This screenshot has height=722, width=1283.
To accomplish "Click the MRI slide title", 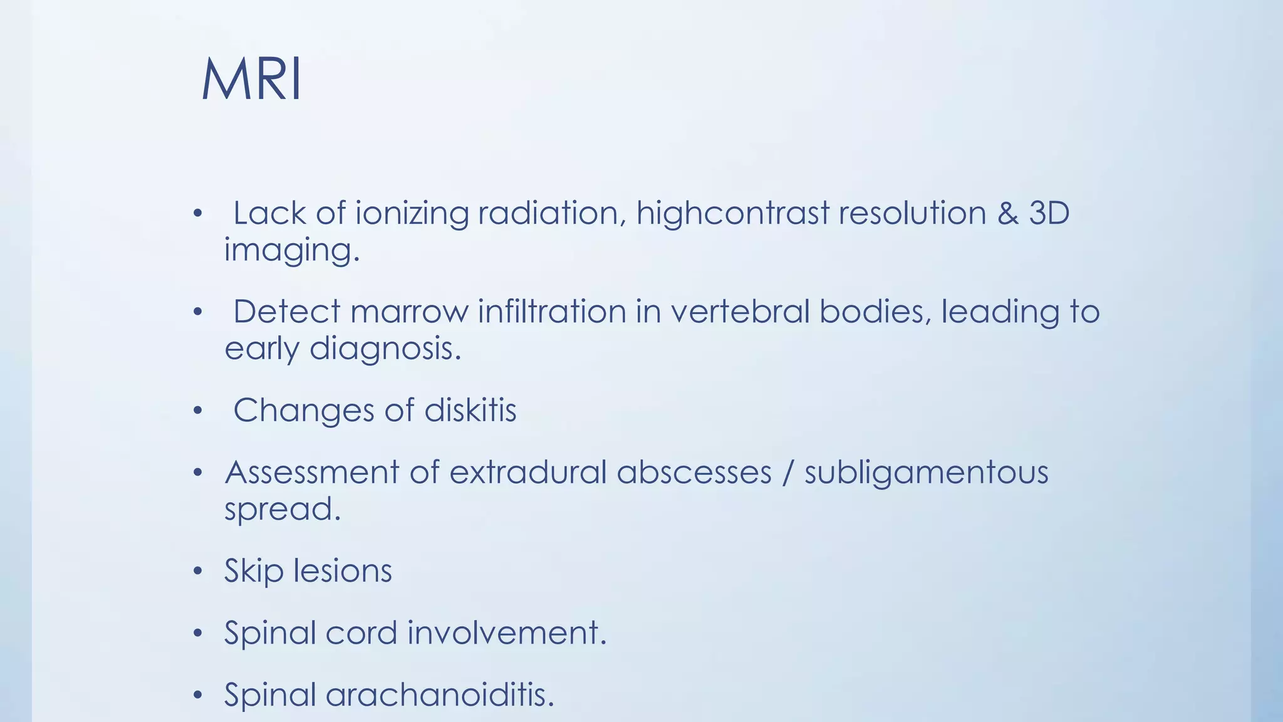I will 251,80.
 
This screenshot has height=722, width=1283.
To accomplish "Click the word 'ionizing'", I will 412,214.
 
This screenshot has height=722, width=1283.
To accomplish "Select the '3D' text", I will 1049,213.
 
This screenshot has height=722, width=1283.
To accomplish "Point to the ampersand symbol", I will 1007,213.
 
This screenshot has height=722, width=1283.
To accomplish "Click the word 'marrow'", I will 409,312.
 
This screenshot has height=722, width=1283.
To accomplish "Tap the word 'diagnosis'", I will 385,349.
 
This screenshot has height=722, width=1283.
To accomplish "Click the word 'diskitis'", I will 470,411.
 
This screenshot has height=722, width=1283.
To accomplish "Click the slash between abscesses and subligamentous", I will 787,473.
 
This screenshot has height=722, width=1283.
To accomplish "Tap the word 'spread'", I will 282,509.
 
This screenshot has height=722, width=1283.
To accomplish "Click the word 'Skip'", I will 253,572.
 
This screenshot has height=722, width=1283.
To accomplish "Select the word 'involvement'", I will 507,632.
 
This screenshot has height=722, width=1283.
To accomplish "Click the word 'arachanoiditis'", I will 440,694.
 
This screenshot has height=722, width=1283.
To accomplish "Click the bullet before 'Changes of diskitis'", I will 198,411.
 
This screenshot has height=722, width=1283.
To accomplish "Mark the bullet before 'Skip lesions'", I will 198,572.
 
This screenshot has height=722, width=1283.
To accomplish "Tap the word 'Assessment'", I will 311,473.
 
